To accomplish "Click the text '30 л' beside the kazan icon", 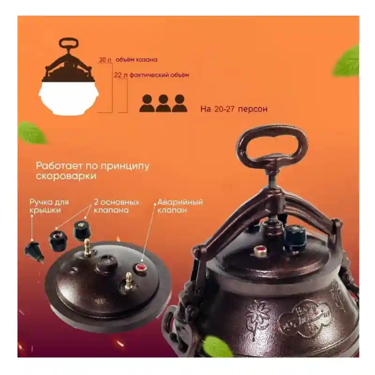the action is pos(105,60).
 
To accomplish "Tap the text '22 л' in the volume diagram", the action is pos(120,75).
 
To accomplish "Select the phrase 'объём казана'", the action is pos(136,60).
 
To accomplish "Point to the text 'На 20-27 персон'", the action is pos(233,109).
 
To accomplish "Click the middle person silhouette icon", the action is pos(163,103).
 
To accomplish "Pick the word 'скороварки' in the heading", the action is pos(66,176).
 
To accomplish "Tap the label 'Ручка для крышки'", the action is pos(49,206).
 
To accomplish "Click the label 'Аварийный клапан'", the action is pos(180,206).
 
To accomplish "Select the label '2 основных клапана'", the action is pos(116,206).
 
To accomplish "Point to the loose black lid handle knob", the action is pos(35,252).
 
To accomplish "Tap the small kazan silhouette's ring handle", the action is pos(68,44).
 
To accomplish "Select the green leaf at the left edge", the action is pos(32,133).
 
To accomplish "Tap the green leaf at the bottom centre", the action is pos(217,346).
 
